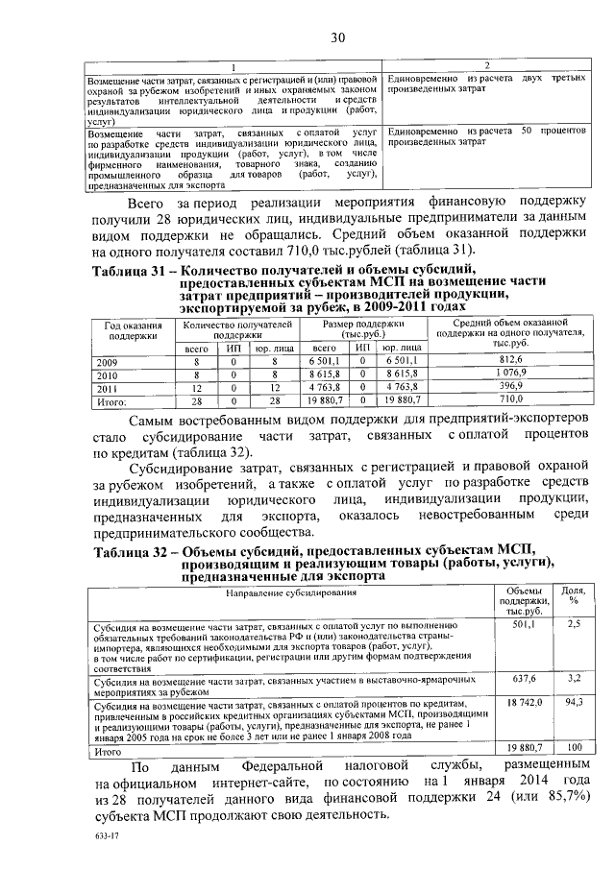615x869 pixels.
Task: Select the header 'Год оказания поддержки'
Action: [x=132, y=331]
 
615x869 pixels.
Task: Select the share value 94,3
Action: [x=574, y=704]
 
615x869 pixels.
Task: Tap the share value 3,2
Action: [x=574, y=678]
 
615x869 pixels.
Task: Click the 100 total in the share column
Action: [x=574, y=747]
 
